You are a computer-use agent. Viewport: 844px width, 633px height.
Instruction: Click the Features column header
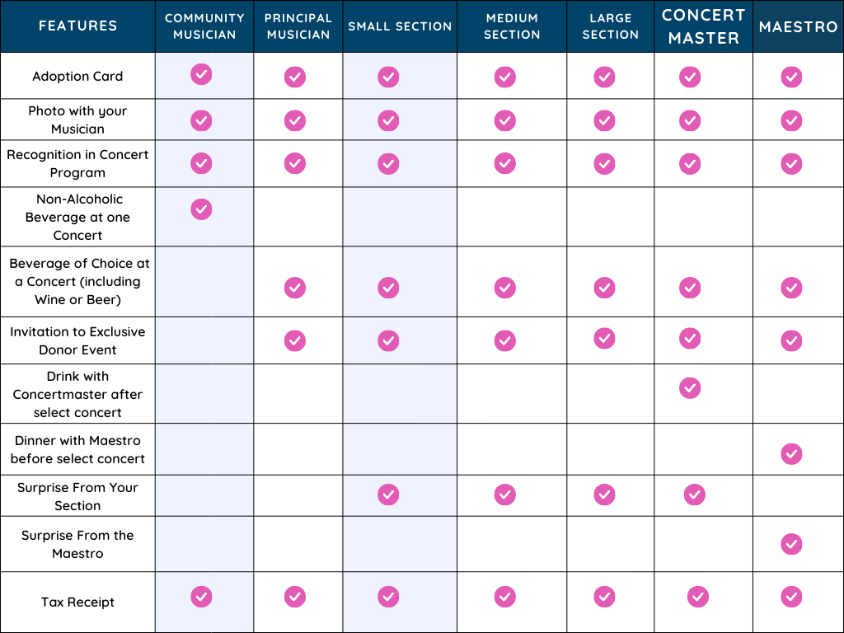pyautogui.click(x=77, y=26)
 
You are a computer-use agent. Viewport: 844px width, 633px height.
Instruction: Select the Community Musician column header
pyautogui.click(x=204, y=26)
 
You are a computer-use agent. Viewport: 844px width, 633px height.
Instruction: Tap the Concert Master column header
pyautogui.click(x=703, y=26)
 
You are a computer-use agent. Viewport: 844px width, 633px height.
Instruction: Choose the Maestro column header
pyautogui.click(x=798, y=26)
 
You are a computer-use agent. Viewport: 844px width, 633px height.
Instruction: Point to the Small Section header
pyautogui.click(x=400, y=26)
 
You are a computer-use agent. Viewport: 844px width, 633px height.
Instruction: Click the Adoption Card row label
pyautogui.click(x=77, y=76)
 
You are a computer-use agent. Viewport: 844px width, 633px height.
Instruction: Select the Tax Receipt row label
pyautogui.click(x=77, y=602)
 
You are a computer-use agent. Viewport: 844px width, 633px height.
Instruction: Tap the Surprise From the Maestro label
pyautogui.click(x=77, y=544)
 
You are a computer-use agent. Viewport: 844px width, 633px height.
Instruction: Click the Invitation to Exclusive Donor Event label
pyautogui.click(x=77, y=340)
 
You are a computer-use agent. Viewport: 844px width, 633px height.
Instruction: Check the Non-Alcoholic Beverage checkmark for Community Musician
pyautogui.click(x=201, y=209)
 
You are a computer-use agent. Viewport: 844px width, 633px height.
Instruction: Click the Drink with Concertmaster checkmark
pyautogui.click(x=690, y=387)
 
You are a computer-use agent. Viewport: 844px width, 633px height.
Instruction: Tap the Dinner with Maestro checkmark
pyautogui.click(x=791, y=453)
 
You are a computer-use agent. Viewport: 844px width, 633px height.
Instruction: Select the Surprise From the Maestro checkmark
pyautogui.click(x=791, y=544)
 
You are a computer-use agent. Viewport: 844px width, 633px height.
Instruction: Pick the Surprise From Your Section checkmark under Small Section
pyautogui.click(x=388, y=495)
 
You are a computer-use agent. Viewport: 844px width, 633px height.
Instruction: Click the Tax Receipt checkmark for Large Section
pyautogui.click(x=604, y=596)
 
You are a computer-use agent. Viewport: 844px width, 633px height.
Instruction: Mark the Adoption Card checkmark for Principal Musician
pyautogui.click(x=295, y=77)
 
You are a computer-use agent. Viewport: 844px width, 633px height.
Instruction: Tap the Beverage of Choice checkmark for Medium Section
pyautogui.click(x=505, y=288)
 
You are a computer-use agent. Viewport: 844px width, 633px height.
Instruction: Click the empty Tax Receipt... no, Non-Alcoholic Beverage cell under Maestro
pyautogui.click(x=798, y=216)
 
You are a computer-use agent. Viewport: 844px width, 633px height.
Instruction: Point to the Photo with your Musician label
pyautogui.click(x=77, y=120)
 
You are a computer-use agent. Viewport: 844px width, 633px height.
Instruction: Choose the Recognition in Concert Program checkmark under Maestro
pyautogui.click(x=791, y=163)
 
